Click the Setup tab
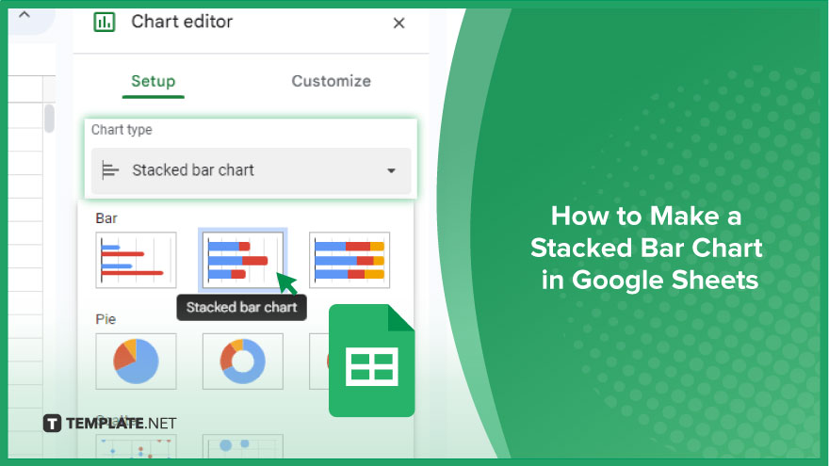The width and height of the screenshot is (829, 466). tap(153, 81)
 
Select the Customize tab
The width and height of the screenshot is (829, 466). tap(331, 81)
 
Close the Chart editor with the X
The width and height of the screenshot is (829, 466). tap(398, 23)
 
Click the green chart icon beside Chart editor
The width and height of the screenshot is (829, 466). tap(105, 22)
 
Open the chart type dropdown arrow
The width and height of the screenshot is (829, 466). tap(391, 170)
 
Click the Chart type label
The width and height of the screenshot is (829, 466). tap(122, 130)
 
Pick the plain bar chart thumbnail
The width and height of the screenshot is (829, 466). tap(136, 260)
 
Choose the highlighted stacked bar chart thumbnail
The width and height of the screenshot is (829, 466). tap(243, 260)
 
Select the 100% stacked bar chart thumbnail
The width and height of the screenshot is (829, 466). tap(349, 260)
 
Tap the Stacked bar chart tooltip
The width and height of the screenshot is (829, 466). tap(241, 308)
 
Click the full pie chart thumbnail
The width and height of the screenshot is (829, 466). tap(136, 362)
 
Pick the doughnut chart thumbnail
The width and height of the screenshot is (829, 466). tap(243, 362)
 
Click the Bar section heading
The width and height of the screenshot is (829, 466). tap(106, 218)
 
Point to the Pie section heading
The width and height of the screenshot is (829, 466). tap(106, 319)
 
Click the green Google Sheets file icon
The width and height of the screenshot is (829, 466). tap(372, 361)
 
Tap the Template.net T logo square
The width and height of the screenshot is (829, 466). tap(52, 424)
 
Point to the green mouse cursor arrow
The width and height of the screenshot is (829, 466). tap(286, 283)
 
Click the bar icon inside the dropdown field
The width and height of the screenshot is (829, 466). tap(110, 170)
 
